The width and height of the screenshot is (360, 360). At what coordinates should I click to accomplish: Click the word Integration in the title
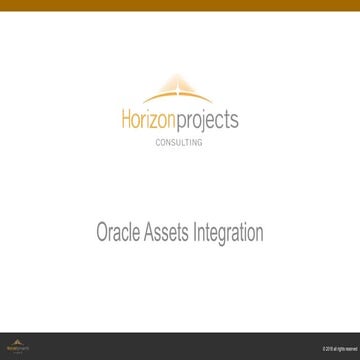(x=231, y=234)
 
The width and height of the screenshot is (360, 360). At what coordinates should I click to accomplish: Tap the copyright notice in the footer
(x=334, y=348)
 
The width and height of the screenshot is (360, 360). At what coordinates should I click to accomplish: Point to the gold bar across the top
(x=180, y=9)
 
